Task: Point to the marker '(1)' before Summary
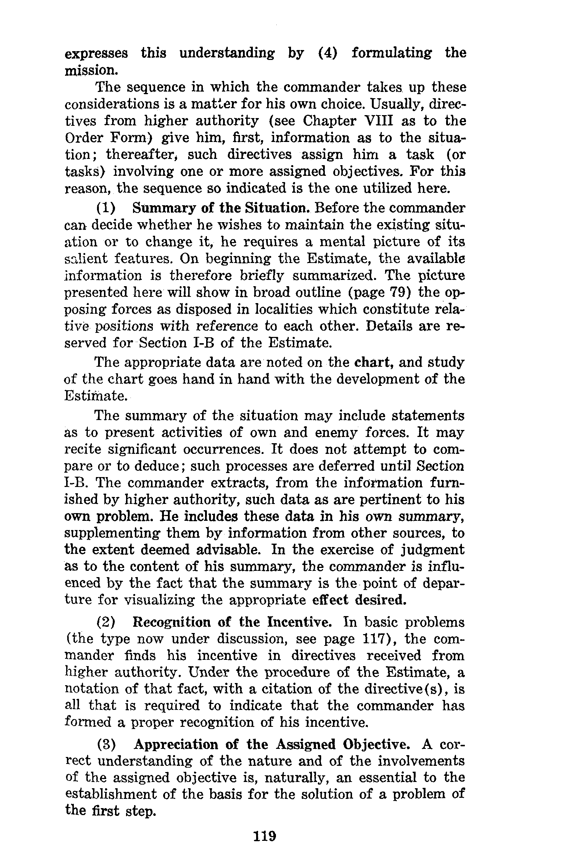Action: coord(106,209)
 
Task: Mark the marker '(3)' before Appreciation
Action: coord(107,745)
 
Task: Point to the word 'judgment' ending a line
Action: coord(428,550)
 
